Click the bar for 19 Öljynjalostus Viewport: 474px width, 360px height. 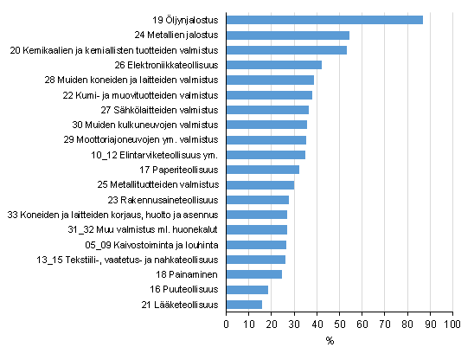coord(324,20)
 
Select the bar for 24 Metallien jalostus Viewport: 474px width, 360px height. coord(287,35)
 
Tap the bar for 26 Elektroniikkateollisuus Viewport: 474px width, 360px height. coord(273,65)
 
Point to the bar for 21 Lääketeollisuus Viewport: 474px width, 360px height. coord(244,305)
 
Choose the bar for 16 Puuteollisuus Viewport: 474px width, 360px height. coord(247,289)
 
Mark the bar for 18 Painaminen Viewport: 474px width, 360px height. coord(253,274)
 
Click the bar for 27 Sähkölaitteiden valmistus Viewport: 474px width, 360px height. coord(267,110)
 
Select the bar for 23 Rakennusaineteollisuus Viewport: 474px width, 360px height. coord(257,200)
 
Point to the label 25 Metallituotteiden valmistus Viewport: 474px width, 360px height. coord(157,184)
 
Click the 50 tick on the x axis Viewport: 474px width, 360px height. coord(338,325)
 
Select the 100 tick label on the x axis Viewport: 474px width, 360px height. coord(451,325)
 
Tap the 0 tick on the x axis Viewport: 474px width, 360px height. coord(226,325)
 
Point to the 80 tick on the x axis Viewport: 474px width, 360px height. coord(406,325)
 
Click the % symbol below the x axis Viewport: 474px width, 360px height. coord(330,341)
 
